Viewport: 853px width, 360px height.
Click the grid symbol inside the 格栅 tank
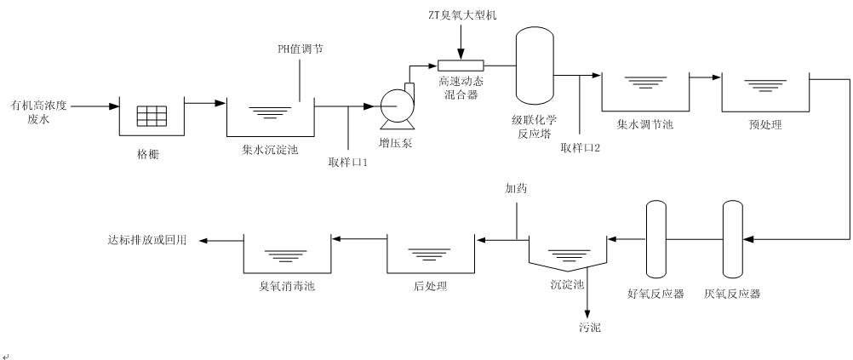[152, 113]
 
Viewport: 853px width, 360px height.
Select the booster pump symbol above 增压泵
[396, 106]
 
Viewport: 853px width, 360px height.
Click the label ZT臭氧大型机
[461, 15]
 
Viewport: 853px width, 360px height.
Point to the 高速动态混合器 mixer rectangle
[461, 66]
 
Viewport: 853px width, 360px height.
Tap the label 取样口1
[348, 162]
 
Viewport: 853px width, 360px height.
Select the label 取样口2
[581, 147]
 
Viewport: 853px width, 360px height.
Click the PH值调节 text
[300, 49]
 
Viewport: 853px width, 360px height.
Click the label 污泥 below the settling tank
[588, 327]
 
